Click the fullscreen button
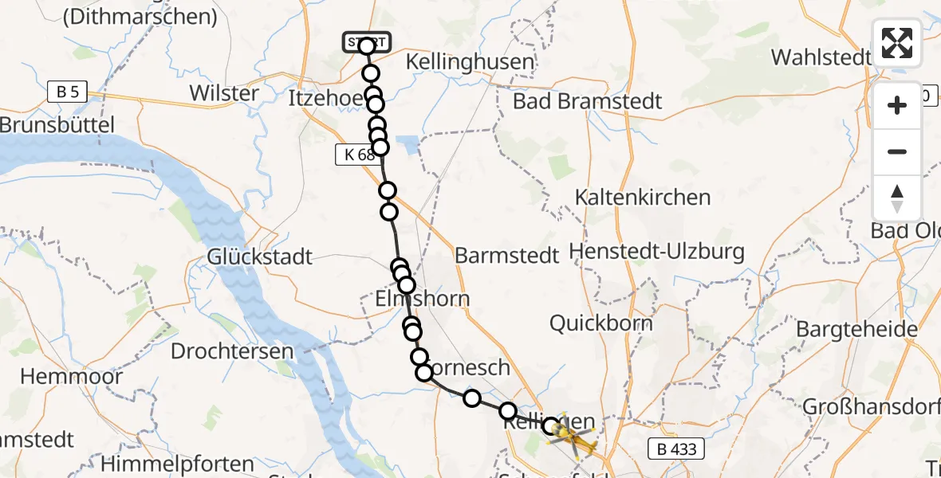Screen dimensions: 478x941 [x=897, y=43]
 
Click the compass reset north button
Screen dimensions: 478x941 [x=897, y=198]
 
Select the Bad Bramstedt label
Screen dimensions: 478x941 [x=588, y=101]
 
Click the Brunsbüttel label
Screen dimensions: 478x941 [x=57, y=125]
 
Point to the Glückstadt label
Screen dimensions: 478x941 [x=260, y=257]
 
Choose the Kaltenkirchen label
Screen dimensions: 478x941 [x=642, y=197]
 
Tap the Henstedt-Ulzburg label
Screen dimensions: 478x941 [x=657, y=253]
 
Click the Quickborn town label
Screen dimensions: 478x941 [x=601, y=323]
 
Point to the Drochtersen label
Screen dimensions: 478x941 [x=232, y=351]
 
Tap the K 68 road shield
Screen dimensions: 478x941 [x=355, y=155]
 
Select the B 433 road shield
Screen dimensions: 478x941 [x=676, y=449]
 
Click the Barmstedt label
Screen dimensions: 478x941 [x=506, y=256]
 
